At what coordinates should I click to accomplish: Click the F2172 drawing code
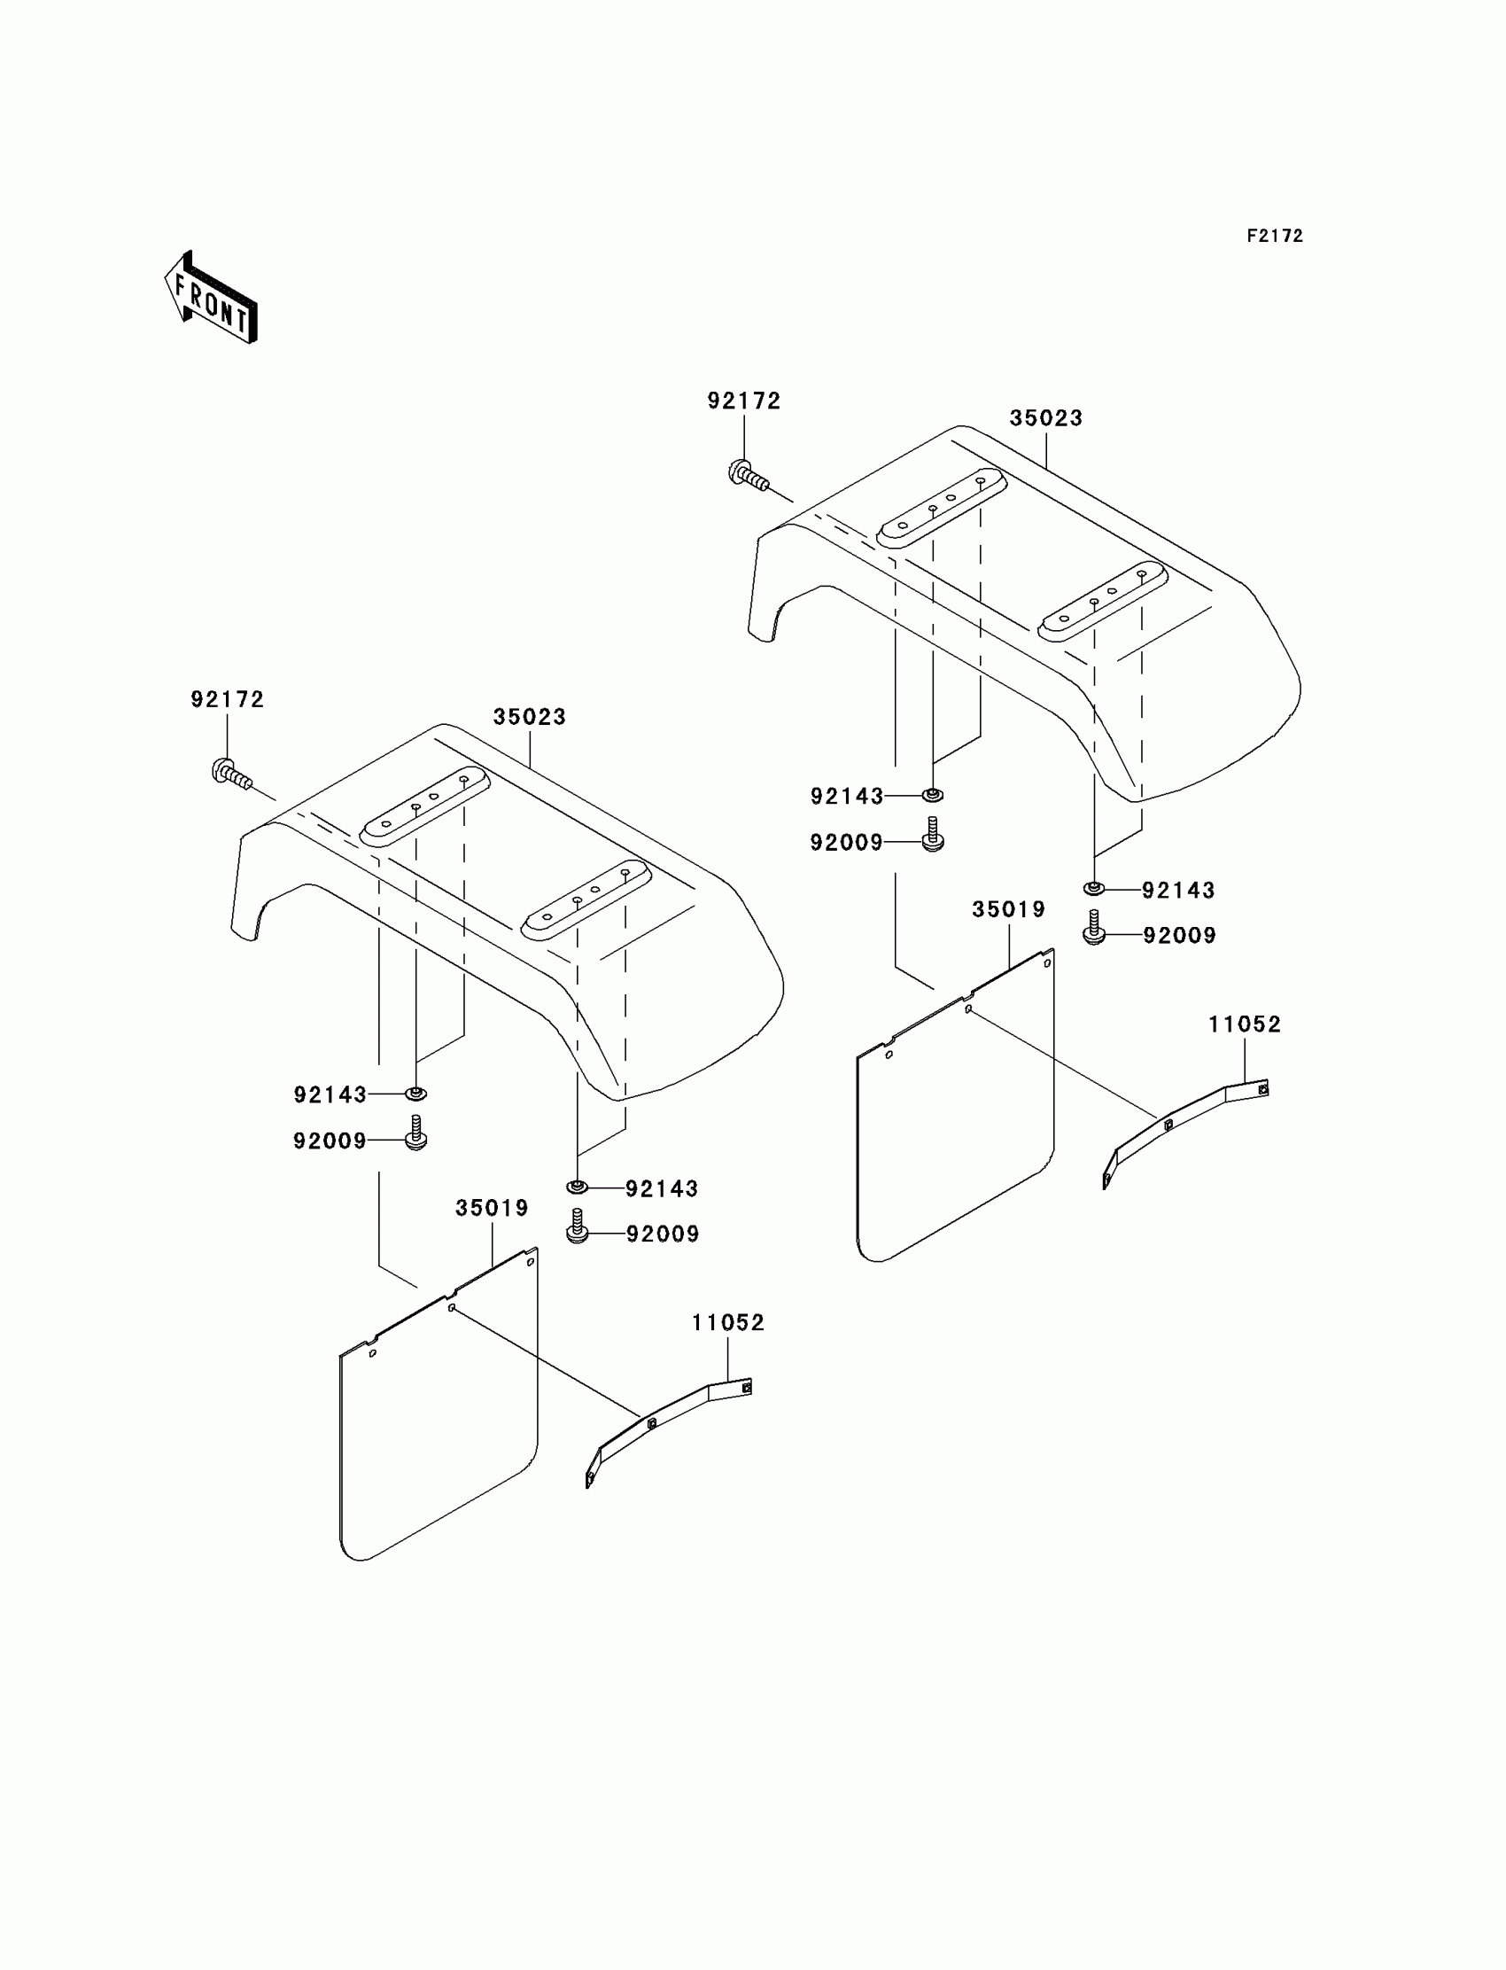[x=1274, y=236]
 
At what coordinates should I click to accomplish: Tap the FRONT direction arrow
[x=212, y=299]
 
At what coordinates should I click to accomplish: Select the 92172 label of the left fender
[x=228, y=699]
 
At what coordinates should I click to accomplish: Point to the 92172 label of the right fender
[x=744, y=401]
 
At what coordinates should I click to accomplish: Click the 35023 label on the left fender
[x=529, y=717]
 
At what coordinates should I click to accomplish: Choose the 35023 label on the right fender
[x=1046, y=418]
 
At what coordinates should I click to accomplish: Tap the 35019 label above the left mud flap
[x=493, y=1208]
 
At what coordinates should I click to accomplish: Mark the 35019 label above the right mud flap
[x=1008, y=909]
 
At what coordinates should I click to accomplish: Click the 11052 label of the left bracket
[x=728, y=1322]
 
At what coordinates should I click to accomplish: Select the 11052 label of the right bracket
[x=1245, y=1024]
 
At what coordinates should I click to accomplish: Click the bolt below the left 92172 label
[x=230, y=774]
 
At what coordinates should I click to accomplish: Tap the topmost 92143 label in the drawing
[x=846, y=797]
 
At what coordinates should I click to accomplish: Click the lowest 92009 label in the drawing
[x=663, y=1234]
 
